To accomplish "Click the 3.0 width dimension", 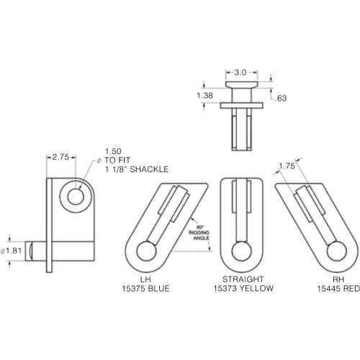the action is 240,72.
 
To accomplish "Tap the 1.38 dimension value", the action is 204,96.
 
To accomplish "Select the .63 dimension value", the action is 281,98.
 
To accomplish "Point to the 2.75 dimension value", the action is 60,157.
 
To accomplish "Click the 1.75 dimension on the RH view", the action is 287,166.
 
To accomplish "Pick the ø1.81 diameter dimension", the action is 12,251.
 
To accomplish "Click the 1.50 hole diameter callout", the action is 113,151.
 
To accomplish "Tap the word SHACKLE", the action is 149,169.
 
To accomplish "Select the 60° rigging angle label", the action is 199,233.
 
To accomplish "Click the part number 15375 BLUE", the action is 145,288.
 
